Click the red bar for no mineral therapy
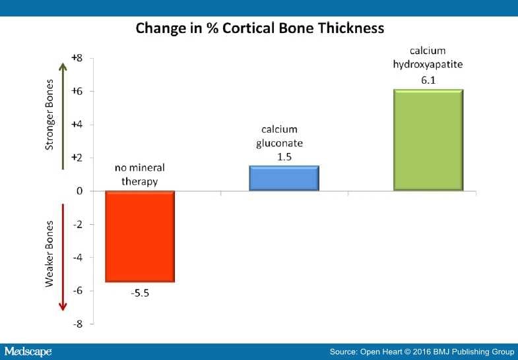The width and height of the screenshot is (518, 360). coord(140,237)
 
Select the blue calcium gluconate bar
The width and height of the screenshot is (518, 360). coord(284,178)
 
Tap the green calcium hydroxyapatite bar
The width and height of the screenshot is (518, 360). coord(428,140)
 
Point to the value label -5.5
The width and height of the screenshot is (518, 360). coord(140,293)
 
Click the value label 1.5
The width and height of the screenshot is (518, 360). coord(284,157)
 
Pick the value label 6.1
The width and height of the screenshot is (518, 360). coord(428,80)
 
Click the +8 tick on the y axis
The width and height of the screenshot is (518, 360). coord(77,58)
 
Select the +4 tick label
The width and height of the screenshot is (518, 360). coord(77,125)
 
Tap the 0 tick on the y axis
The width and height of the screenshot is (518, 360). coord(79,191)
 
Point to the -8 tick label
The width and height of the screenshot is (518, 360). coord(78,324)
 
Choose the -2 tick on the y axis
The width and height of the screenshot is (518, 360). coord(78,224)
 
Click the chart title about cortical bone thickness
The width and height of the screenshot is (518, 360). coord(260,28)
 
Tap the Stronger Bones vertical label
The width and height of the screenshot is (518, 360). coord(49,115)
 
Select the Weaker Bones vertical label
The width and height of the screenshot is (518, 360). coord(49,254)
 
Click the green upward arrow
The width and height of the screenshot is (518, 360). coord(63,116)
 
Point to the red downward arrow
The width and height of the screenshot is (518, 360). coord(63,257)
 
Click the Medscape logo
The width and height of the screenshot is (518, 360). coord(28,351)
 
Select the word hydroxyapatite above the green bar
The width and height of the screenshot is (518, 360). coord(428,65)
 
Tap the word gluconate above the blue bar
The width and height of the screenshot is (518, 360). coord(280,144)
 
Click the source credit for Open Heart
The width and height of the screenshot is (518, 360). coord(422,351)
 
